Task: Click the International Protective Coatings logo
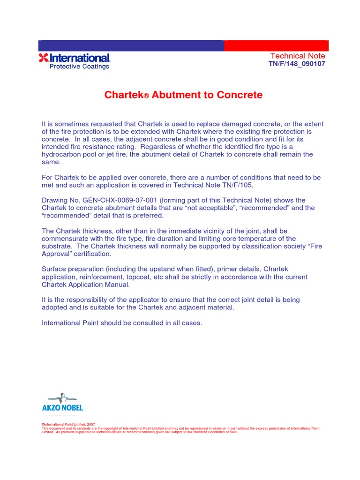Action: (74, 61)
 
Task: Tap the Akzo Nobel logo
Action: (62, 403)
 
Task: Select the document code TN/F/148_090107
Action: (296, 64)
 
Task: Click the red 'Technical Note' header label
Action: (298, 56)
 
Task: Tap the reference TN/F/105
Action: (236, 185)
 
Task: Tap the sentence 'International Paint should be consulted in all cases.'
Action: (122, 322)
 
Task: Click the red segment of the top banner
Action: (276, 45)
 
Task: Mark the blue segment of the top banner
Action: (131, 45)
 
